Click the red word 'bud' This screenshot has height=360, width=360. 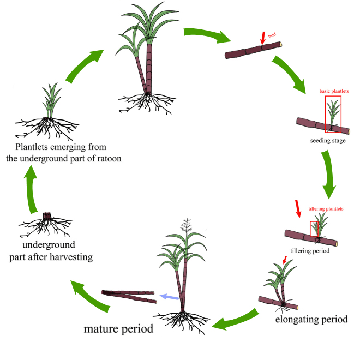tap(272, 35)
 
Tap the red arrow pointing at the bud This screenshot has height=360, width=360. tap(263, 38)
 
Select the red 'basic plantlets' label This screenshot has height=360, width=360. tap(334, 91)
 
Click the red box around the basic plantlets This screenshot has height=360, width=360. tap(333, 114)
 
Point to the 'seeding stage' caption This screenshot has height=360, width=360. tap(326, 141)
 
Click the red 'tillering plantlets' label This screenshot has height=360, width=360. tap(326, 208)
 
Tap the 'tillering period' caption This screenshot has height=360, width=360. tap(310, 251)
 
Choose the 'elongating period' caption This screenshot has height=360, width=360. tap(311, 319)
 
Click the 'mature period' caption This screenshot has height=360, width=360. tap(118, 329)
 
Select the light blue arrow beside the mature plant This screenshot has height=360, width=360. tap(169, 297)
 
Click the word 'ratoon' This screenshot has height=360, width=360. tap(107, 159)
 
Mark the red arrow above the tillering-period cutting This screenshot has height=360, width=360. tap(297, 207)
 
